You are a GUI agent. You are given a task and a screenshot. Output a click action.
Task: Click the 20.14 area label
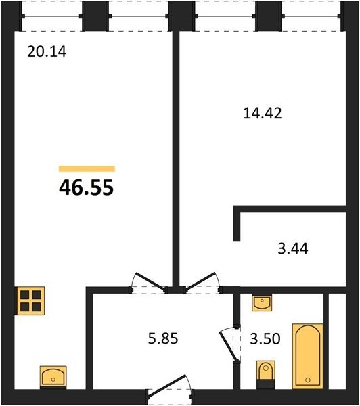pos(47,51)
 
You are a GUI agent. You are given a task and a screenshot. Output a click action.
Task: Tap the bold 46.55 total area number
pos(86,187)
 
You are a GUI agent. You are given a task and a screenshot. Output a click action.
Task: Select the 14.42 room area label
pos(263,114)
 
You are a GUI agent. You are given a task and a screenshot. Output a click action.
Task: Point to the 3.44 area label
pos(293,249)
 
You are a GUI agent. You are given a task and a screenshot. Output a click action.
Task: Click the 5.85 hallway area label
pos(163,338)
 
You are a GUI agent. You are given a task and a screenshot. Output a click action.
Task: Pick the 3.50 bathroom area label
pos(265,339)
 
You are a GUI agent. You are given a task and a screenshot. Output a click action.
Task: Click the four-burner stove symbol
pos(30,301)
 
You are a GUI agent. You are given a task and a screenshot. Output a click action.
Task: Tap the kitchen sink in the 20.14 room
pos(53,378)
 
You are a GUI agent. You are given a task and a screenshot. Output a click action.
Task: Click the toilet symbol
pos(266,375)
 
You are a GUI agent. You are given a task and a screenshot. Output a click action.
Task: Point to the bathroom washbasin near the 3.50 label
pos(262,302)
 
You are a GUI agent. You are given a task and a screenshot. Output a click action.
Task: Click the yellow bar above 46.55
pos(87,168)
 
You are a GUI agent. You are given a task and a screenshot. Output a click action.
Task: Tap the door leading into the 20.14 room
pos(150,284)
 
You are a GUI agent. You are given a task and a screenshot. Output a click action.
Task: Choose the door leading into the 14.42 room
pos(202,284)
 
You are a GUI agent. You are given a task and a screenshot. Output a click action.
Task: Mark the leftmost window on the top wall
pos(52,16)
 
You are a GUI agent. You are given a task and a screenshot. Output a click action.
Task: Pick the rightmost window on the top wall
pos(311,16)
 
